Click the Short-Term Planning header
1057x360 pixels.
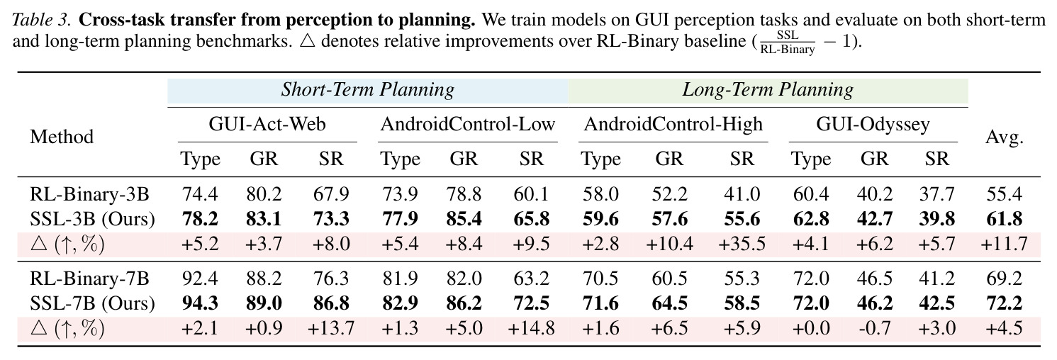point(368,90)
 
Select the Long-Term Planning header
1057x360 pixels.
point(768,90)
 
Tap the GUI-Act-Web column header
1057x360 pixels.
point(267,124)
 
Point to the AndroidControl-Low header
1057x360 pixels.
point(468,124)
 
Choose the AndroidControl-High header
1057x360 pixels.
point(673,124)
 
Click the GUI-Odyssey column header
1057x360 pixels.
point(873,125)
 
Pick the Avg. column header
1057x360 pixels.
point(1004,137)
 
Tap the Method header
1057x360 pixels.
point(62,137)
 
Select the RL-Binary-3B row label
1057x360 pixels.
point(89,194)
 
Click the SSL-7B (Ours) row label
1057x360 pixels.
point(92,303)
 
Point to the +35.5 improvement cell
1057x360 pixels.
point(742,244)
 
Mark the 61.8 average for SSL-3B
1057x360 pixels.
point(1004,219)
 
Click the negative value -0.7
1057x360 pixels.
point(876,328)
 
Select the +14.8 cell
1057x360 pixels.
point(531,328)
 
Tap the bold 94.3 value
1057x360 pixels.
point(200,303)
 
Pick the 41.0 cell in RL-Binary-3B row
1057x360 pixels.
point(742,194)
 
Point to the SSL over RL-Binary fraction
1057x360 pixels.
point(788,43)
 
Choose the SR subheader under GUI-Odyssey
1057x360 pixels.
point(936,159)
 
